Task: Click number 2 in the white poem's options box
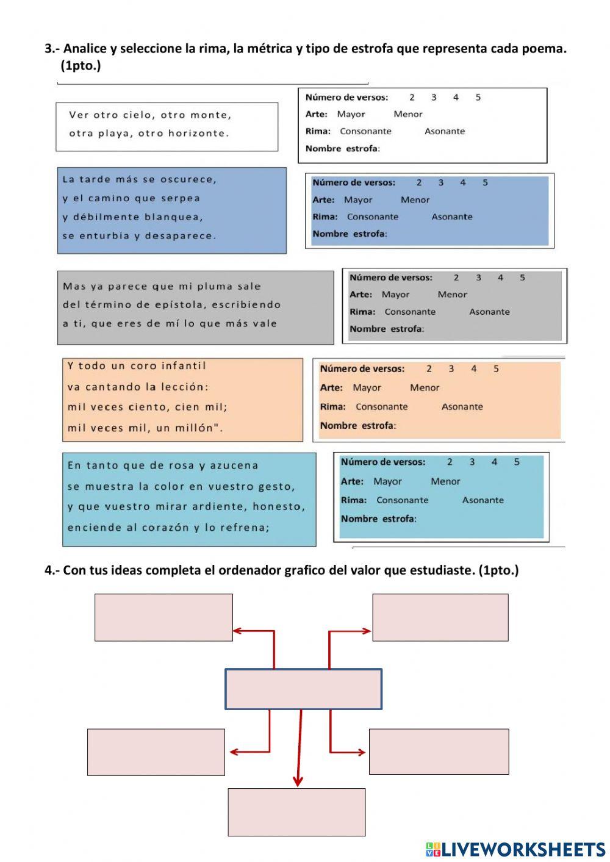pyautogui.click(x=412, y=97)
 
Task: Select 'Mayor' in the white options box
pyautogui.click(x=351, y=114)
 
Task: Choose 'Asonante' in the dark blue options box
pyautogui.click(x=451, y=217)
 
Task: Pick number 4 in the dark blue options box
pyautogui.click(x=463, y=182)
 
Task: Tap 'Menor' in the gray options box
pyautogui.click(x=452, y=295)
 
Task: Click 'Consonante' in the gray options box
pyautogui.click(x=410, y=312)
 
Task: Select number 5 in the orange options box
pyautogui.click(x=496, y=368)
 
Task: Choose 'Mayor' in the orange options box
pyautogui.click(x=367, y=387)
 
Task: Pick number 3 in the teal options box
pyautogui.click(x=472, y=462)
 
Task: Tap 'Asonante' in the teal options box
pyautogui.click(x=483, y=500)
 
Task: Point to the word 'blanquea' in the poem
pyautogui.click(x=174, y=217)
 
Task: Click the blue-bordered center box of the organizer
pyautogui.click(x=303, y=689)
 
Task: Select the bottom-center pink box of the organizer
pyautogui.click(x=296, y=812)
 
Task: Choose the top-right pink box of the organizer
pyautogui.click(x=440, y=617)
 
